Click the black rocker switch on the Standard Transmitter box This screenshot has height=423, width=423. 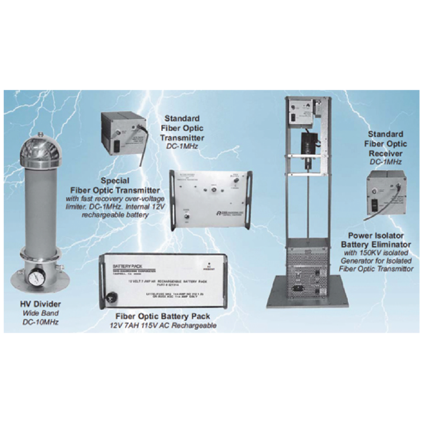tap(117, 146)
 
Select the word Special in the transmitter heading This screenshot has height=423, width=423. tap(115, 181)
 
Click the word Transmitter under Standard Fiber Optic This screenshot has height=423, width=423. tap(182, 138)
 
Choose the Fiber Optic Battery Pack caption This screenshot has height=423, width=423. tap(162, 316)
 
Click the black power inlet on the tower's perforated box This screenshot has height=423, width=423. tap(299, 288)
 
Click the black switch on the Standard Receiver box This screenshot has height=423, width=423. tap(375, 205)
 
